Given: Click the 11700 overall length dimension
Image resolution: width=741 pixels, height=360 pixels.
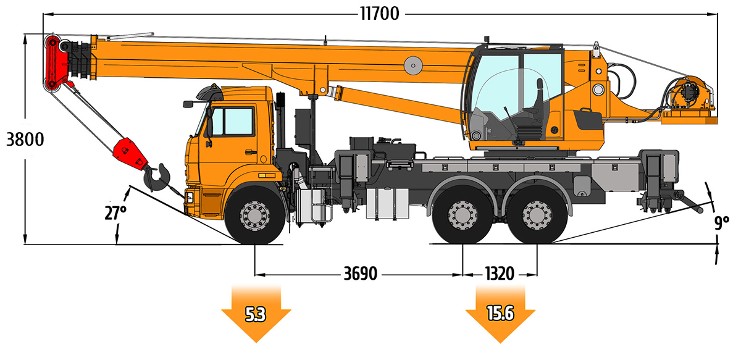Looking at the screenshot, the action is (x=380, y=14).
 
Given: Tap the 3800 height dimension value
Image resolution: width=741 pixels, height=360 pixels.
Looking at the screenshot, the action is (x=25, y=140).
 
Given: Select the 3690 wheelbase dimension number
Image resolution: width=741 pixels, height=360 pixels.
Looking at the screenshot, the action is (x=360, y=274).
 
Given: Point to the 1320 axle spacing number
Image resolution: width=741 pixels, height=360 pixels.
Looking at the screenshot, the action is (x=500, y=274).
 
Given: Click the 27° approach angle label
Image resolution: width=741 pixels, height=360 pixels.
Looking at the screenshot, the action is (x=115, y=213).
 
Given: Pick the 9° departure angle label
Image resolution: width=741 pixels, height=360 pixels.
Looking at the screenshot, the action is (x=721, y=222).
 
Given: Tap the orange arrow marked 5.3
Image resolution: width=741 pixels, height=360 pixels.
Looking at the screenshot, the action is (x=256, y=313).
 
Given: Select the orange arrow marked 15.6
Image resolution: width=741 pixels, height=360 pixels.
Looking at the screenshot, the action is (x=500, y=313).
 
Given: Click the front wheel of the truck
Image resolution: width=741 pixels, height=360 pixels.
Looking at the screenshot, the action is (x=254, y=215).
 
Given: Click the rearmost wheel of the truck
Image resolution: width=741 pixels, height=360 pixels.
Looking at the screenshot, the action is (x=537, y=215).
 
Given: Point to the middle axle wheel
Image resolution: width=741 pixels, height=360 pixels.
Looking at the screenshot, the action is (x=463, y=215).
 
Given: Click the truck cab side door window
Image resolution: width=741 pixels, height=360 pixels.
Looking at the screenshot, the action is (x=233, y=121).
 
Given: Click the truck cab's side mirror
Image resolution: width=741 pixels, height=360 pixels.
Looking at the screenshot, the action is (x=188, y=104).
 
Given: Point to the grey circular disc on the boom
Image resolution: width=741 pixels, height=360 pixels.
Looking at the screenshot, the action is (x=413, y=65).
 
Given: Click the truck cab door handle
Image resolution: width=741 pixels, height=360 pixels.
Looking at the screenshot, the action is (x=251, y=152).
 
